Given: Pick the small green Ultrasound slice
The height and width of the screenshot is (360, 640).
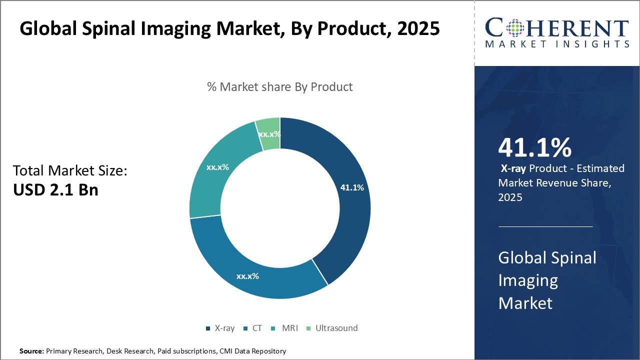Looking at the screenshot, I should pos(268,134).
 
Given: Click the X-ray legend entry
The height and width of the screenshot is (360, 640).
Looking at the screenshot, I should pos(220,328).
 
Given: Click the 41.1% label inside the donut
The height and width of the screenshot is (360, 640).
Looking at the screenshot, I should pos(352,187).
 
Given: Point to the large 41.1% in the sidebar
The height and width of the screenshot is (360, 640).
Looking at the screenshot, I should pos(534,148).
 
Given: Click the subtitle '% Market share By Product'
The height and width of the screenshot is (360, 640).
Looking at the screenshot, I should pos(280,87).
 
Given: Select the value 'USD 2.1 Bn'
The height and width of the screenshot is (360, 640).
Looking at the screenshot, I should pos(55,190).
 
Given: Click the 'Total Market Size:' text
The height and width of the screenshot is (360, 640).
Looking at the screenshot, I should pos(70,171).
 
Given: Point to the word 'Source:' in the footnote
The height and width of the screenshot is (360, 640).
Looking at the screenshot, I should pos(31,351).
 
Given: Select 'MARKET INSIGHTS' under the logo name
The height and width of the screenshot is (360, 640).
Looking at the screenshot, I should pos(556,44).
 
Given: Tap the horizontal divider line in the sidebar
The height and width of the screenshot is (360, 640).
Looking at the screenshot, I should pos(545,226).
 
